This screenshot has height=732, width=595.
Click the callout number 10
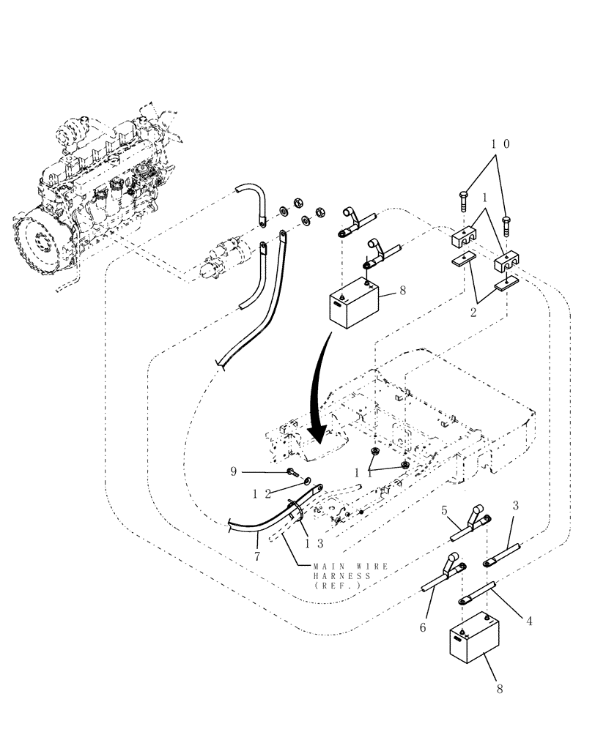pos(500,144)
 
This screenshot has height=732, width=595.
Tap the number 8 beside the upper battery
pos(403,291)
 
